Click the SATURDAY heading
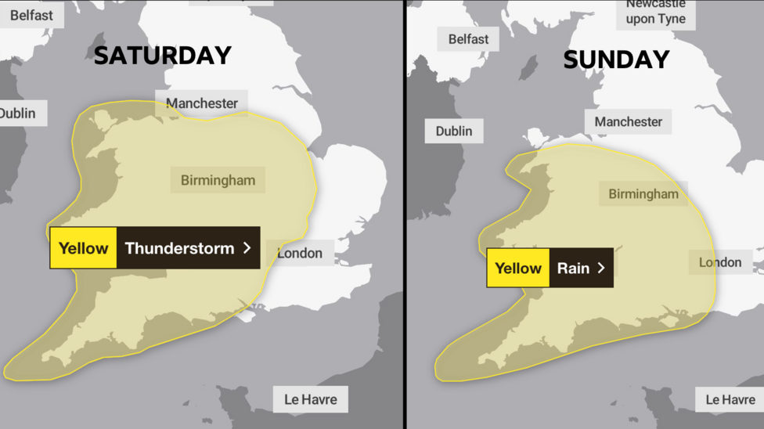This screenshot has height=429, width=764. tap(163, 56)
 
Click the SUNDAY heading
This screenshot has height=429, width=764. tap(616, 59)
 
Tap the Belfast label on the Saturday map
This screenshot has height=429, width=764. tap(31, 15)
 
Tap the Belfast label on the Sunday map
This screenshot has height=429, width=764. tap(468, 39)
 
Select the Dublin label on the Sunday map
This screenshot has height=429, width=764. tap(454, 131)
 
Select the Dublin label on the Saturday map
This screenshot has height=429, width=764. tap(19, 114)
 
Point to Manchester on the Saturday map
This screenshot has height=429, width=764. tap(202, 103)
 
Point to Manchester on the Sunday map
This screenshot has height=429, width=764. tap(628, 122)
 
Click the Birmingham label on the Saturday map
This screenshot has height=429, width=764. tap(218, 180)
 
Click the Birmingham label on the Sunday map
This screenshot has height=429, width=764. tap(643, 194)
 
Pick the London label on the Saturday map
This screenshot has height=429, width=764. tap(300, 253)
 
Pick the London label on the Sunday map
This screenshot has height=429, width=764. tap(720, 262)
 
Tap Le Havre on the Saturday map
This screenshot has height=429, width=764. tap(311, 399)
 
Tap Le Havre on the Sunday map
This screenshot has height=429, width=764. tap(730, 399)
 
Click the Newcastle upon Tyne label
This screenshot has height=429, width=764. tap(656, 13)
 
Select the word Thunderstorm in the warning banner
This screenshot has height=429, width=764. tap(179, 248)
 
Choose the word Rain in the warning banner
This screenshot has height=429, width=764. tap(573, 268)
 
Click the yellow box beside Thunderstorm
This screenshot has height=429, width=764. tap(83, 248)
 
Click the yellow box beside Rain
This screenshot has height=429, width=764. tap(518, 268)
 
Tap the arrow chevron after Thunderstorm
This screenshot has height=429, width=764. tap(247, 248)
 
